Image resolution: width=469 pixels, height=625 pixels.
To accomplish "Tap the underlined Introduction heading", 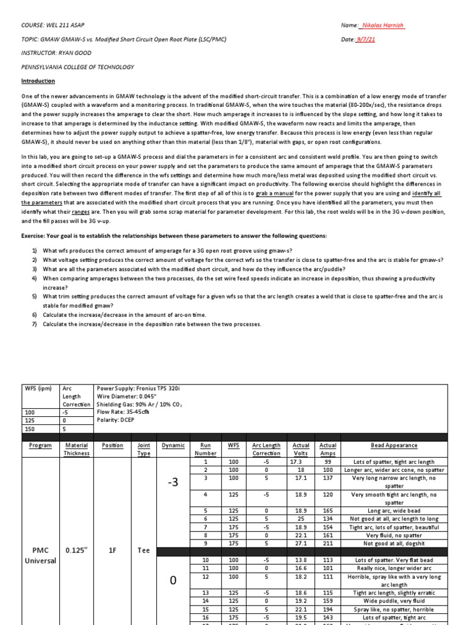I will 38,81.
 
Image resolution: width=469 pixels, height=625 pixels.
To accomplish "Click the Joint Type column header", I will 143,449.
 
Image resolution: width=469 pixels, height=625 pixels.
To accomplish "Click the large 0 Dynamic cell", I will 172,580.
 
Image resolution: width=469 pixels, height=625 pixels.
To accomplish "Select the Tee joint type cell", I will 143,550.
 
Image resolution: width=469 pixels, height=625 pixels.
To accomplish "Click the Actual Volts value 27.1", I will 301,543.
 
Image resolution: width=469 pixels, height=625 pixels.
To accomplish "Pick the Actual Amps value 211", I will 328,543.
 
